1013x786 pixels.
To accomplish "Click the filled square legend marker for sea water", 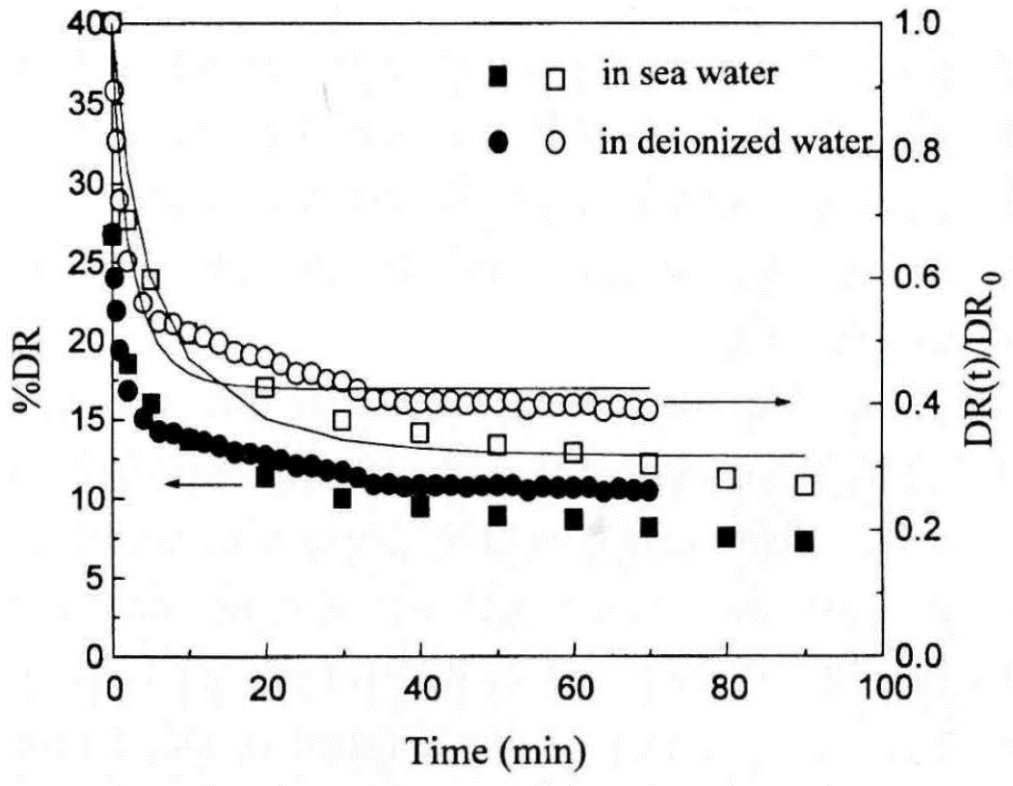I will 497,77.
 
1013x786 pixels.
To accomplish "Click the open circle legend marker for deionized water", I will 555,142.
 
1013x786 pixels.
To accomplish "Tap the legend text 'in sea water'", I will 690,75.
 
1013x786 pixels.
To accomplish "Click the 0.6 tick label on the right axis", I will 917,278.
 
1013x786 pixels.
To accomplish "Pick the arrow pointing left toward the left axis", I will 203,484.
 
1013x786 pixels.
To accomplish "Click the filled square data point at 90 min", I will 804,542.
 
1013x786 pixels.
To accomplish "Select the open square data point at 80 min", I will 726,478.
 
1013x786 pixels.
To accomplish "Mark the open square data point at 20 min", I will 265,387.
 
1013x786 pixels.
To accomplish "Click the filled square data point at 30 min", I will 342,498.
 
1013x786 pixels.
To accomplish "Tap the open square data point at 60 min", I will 573,453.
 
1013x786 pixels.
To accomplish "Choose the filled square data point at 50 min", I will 497,516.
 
